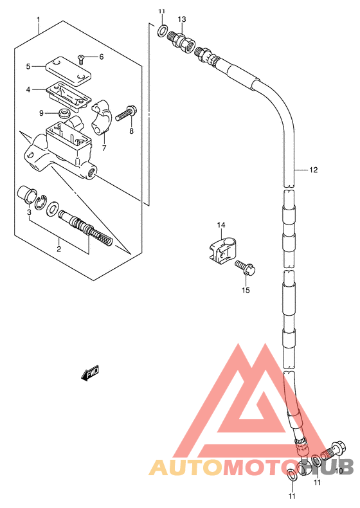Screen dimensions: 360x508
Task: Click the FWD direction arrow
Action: pyautogui.click(x=90, y=373)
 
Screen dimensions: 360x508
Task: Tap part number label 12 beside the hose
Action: pyautogui.click(x=313, y=170)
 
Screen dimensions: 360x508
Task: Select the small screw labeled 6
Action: pyautogui.click(x=81, y=59)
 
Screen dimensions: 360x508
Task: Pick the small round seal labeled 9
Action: pyautogui.click(x=64, y=114)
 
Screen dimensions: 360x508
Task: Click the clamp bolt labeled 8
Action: pyautogui.click(x=126, y=113)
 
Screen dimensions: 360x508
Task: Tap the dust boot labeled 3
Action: pyautogui.click(x=25, y=194)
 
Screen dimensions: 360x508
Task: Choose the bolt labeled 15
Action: pyautogui.click(x=246, y=268)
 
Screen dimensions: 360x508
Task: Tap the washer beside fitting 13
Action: pyautogui.click(x=162, y=30)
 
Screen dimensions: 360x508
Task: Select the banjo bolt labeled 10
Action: pyautogui.click(x=333, y=451)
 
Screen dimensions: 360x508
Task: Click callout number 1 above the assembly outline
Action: pyautogui.click(x=39, y=19)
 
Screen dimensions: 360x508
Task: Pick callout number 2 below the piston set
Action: pyautogui.click(x=59, y=249)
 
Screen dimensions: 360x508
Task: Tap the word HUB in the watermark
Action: pyautogui.click(x=328, y=467)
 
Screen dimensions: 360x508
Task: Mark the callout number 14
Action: pyautogui.click(x=221, y=224)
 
